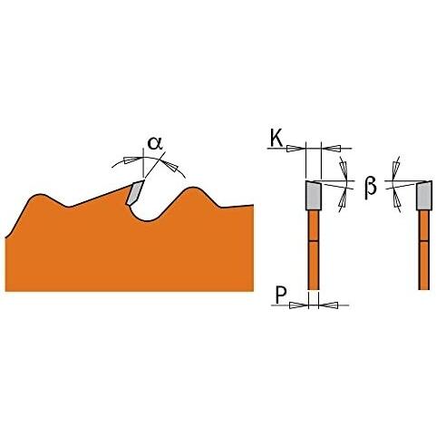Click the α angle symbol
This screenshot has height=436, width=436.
tap(155, 143)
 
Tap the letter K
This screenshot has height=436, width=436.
tap(276, 139)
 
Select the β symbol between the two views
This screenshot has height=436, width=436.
tap(371, 187)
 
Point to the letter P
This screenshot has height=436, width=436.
tap(281, 296)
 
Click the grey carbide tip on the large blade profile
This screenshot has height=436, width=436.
tap(135, 193)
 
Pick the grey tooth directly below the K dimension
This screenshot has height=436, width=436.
tap(314, 195)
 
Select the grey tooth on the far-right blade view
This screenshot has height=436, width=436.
tap(424, 195)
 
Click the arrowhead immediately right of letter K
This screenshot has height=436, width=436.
tap(295, 149)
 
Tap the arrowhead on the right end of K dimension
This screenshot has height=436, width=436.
tap(332, 148)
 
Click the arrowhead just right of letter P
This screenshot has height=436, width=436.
tap(298, 305)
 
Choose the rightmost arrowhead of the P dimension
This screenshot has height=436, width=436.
tap(328, 305)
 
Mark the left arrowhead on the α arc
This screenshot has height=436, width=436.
tap(132, 160)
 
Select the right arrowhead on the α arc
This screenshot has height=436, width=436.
tap(170, 166)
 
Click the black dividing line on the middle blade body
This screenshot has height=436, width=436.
tap(314, 241)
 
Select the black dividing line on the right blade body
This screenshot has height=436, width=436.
tap(424, 241)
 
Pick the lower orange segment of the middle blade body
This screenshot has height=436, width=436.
tap(314, 266)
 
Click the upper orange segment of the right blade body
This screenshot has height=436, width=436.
tap(424, 226)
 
